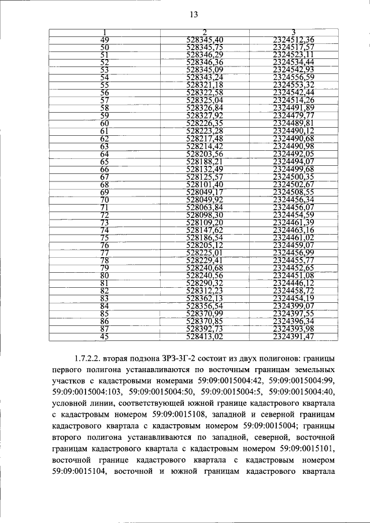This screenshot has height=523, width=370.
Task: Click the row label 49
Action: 105,39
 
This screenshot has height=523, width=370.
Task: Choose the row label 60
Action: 105,123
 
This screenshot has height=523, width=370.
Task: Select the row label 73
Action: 105,222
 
